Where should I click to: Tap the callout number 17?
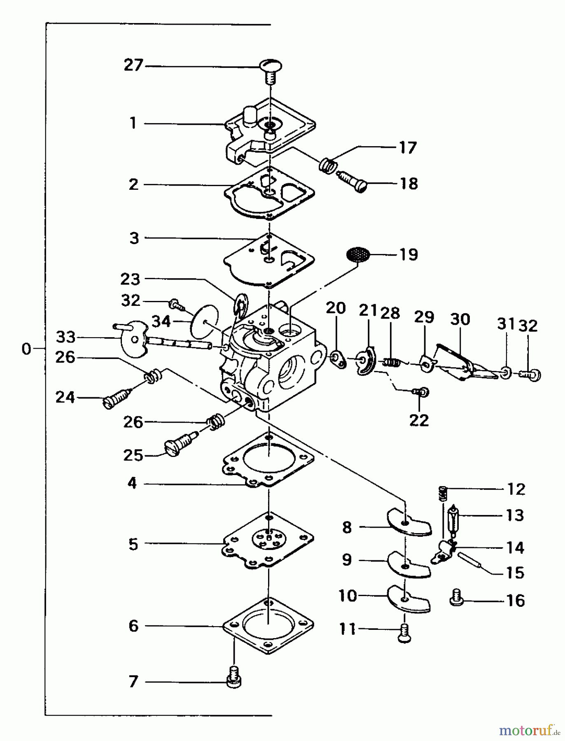[408, 147]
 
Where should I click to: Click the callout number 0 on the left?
[26, 349]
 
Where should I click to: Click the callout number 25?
[133, 456]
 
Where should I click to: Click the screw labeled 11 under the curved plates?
[404, 633]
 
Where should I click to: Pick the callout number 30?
[460, 319]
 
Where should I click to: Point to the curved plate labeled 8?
[408, 523]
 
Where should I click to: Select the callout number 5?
[133, 544]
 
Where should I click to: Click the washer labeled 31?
[506, 373]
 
